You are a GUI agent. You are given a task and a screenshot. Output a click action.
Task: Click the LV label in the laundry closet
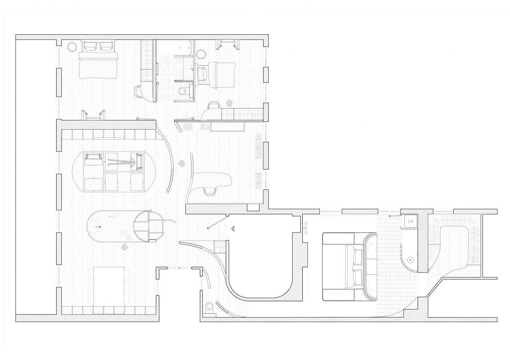click(411, 221)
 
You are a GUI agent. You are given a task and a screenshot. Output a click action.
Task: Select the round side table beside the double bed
click(72, 47)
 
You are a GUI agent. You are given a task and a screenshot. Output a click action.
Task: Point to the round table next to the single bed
click(201, 55)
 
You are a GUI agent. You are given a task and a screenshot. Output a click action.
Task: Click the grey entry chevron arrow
click(233, 229)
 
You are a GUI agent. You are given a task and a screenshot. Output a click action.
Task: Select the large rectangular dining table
click(109, 286)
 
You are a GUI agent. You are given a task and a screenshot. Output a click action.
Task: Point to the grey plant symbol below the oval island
click(125, 247)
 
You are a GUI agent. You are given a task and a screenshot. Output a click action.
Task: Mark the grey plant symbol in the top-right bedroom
click(229, 103)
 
